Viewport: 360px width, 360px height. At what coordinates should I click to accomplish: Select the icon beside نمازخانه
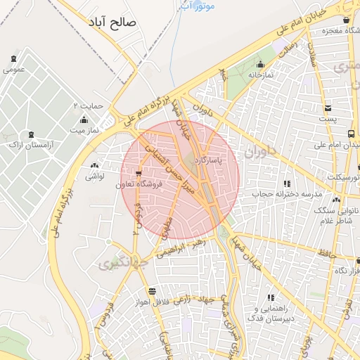(259, 65)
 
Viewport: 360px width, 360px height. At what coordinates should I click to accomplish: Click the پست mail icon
(328, 108)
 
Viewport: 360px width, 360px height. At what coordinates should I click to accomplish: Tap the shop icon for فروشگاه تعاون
(139, 173)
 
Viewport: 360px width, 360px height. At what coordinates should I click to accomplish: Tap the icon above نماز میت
(84, 120)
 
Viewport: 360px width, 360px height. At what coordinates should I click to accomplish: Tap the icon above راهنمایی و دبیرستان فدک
(271, 298)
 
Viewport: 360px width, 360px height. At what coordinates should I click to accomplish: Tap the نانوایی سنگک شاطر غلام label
(337, 216)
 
